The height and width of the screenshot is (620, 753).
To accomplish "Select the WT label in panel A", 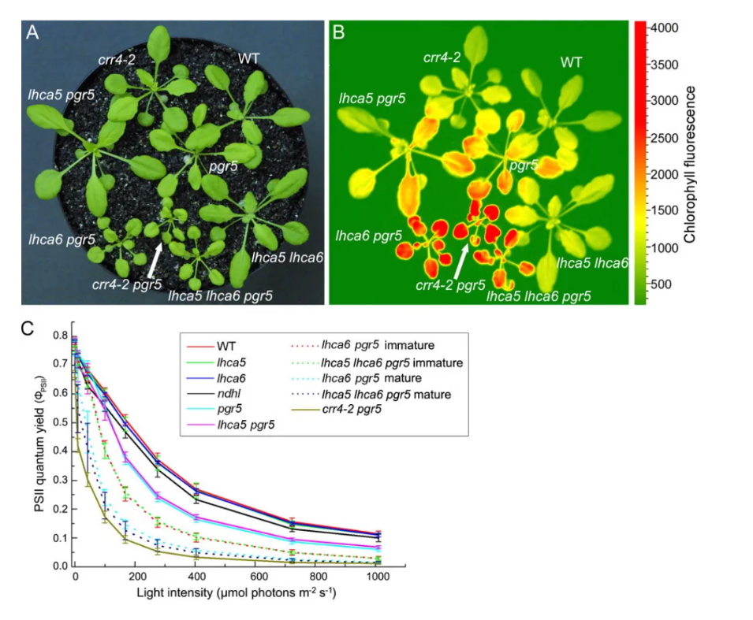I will [250, 57].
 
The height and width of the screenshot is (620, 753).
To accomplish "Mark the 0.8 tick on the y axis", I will [61, 335].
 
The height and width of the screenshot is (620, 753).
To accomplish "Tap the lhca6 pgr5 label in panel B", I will [369, 235].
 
